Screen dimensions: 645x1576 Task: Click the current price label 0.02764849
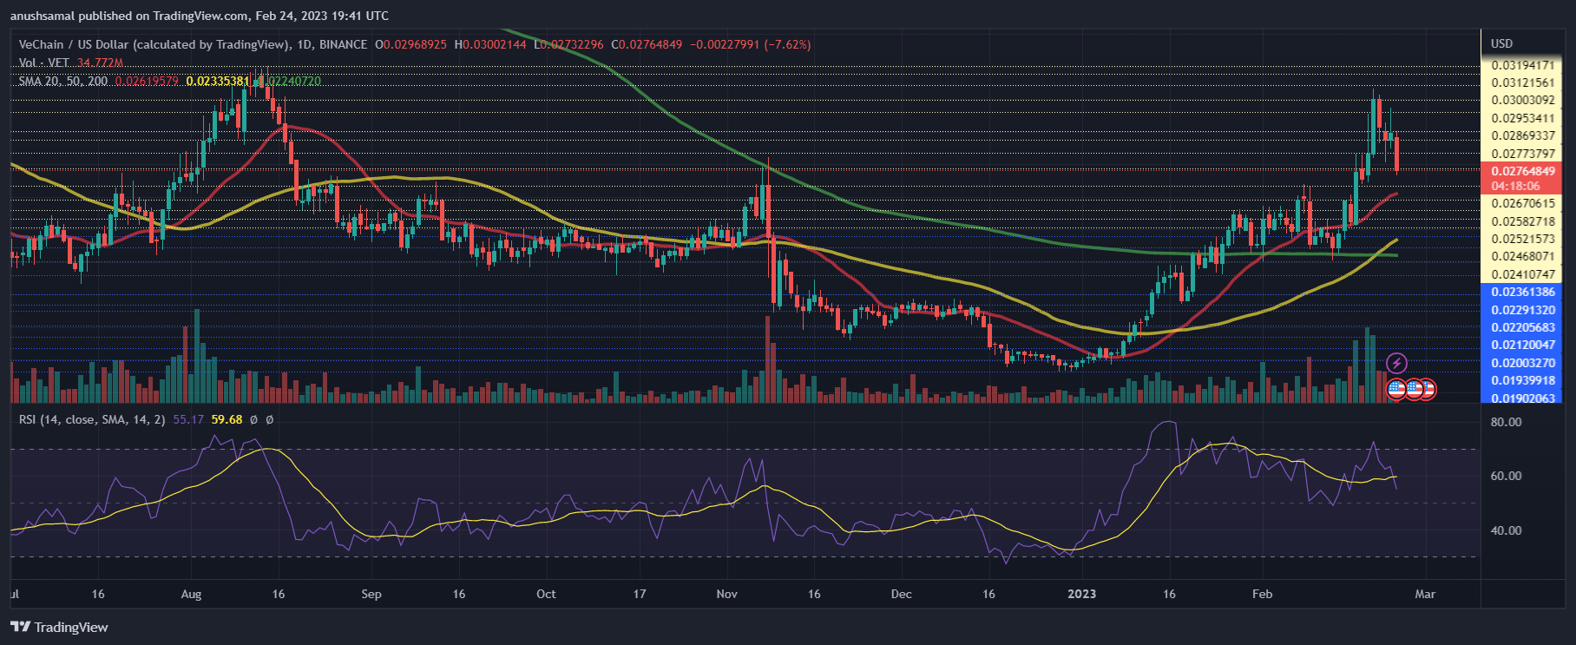pyautogui.click(x=1523, y=171)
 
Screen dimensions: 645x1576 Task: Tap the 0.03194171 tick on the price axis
pyautogui.click(x=1523, y=65)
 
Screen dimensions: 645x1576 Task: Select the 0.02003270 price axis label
pyautogui.click(x=1523, y=363)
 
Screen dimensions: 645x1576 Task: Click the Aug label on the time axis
pyautogui.click(x=191, y=595)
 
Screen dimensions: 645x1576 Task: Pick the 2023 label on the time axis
pyautogui.click(x=1081, y=595)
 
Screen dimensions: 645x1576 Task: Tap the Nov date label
pyautogui.click(x=727, y=595)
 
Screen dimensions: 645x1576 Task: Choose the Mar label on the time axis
pyautogui.click(x=1425, y=595)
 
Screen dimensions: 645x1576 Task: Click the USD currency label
pyautogui.click(x=1501, y=43)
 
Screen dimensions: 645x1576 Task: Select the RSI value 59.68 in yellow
pyautogui.click(x=227, y=419)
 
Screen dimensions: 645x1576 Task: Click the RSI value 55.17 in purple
pyautogui.click(x=188, y=419)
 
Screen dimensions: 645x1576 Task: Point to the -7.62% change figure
pyautogui.click(x=787, y=44)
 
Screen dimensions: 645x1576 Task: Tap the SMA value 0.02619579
pyautogui.click(x=147, y=81)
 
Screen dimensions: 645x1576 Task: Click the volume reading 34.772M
pyautogui.click(x=100, y=63)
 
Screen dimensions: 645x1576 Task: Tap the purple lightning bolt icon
pyautogui.click(x=1396, y=363)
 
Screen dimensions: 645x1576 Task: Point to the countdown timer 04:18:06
pyautogui.click(x=1516, y=186)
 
